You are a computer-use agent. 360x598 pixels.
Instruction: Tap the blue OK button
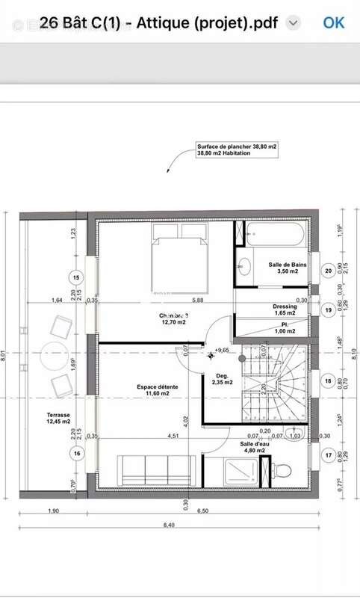(x=334, y=22)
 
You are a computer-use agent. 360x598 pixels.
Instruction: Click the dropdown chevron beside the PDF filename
(x=294, y=23)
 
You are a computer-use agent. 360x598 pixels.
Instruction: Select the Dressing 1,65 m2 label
(x=285, y=309)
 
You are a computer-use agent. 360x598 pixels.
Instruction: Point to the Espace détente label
(x=157, y=389)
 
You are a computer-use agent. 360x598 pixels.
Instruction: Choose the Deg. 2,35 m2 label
(x=222, y=380)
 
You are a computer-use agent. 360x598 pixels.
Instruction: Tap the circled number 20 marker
(x=327, y=271)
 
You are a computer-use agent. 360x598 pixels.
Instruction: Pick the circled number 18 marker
(x=327, y=380)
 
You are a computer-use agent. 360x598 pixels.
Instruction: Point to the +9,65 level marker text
(x=221, y=350)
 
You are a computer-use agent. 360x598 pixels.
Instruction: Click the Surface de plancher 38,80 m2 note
(x=236, y=149)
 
